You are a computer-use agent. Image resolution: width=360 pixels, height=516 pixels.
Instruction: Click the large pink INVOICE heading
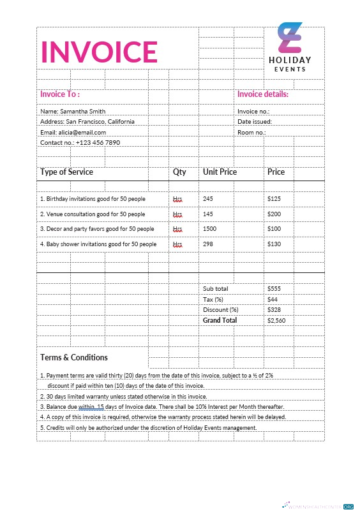[99, 52]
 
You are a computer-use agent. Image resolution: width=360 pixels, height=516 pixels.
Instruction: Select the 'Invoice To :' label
[60, 94]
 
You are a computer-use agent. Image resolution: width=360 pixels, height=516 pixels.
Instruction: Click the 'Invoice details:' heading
[263, 94]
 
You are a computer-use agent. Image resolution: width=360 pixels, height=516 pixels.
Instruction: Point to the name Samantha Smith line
[68, 111]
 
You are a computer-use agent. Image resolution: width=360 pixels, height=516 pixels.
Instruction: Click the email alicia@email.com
[73, 132]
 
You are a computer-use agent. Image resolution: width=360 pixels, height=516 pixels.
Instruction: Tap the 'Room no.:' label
[251, 132]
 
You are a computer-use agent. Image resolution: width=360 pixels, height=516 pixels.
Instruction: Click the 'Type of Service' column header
[66, 172]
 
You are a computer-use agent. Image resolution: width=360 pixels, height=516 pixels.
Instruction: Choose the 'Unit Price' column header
[220, 172]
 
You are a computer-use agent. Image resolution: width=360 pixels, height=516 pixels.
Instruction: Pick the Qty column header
[179, 172]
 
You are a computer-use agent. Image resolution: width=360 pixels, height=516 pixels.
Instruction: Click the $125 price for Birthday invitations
[274, 199]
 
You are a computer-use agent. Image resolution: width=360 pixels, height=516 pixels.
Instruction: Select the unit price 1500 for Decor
[209, 229]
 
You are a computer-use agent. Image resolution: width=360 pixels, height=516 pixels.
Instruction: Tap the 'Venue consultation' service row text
[93, 214]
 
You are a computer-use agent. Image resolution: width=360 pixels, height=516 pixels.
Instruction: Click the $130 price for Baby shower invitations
[274, 244]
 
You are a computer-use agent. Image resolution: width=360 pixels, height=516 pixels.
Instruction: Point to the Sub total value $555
[274, 289]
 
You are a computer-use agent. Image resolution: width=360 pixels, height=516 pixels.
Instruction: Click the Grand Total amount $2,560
[276, 321]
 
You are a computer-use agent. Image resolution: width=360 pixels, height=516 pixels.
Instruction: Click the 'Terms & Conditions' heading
[74, 358]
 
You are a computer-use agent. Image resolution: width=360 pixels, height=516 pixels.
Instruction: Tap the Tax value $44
[273, 299]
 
